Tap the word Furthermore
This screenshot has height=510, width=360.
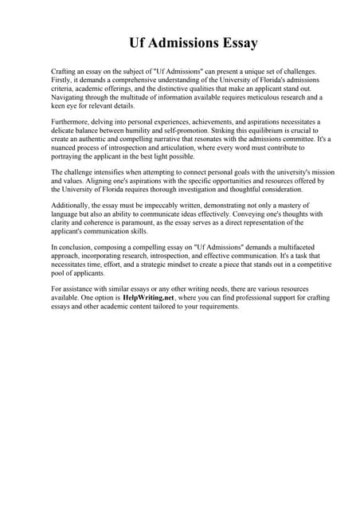coord(72,122)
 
